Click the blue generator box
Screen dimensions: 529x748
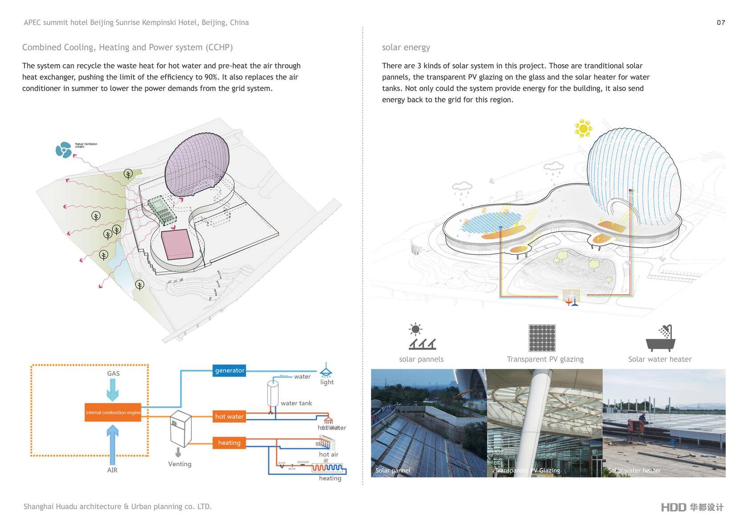tap(229, 370)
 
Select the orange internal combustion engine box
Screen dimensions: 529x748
tap(113, 412)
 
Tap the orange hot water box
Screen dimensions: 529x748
tap(229, 416)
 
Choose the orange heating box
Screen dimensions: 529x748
tap(229, 443)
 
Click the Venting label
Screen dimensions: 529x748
tap(180, 464)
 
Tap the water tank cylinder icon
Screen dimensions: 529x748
tap(272, 392)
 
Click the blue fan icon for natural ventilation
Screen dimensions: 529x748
tap(63, 150)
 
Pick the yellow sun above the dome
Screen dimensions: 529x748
tap(583, 128)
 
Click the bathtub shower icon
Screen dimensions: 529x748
tap(661, 338)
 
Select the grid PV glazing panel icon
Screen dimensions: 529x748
tap(542, 338)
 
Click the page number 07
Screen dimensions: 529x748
tap(721, 23)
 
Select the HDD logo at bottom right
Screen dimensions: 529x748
tap(692, 507)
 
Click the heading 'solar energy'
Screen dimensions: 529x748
tap(406, 48)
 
